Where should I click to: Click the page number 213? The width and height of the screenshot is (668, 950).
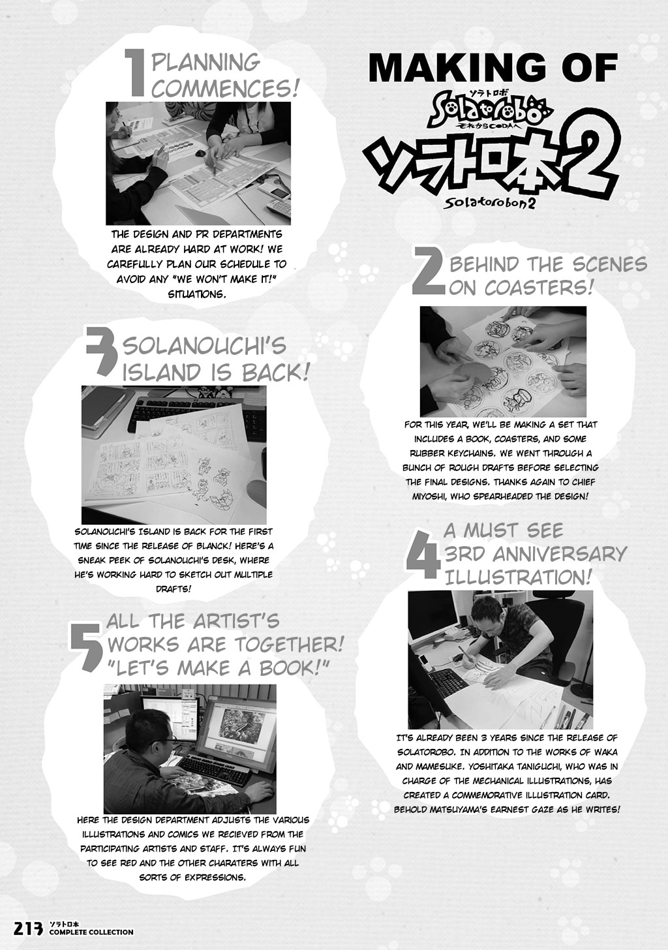tap(29, 938)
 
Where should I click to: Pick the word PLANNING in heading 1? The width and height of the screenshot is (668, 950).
tap(205, 63)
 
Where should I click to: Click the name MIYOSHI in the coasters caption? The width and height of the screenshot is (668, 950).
tap(429, 496)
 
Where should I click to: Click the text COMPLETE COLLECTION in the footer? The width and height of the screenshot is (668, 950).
tap(91, 941)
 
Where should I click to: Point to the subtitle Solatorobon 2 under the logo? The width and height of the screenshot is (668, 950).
tap(489, 203)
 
